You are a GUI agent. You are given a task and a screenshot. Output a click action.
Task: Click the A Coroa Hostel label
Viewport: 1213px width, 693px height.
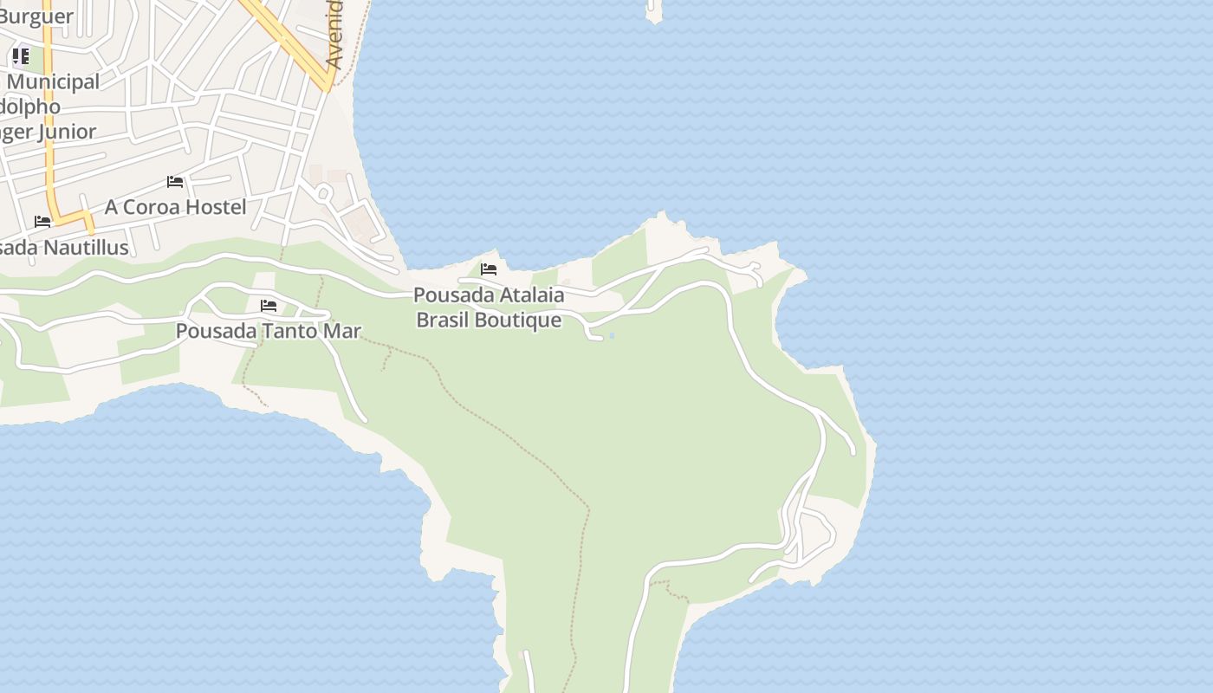click(175, 207)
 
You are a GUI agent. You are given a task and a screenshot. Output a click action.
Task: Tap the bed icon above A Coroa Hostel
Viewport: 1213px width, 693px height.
click(175, 182)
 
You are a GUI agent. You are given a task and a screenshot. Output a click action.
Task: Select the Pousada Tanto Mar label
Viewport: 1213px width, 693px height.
click(268, 331)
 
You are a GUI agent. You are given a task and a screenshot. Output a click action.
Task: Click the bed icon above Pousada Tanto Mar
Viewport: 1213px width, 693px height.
click(269, 306)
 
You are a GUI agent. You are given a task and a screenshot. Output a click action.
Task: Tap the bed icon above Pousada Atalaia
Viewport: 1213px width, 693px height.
click(489, 269)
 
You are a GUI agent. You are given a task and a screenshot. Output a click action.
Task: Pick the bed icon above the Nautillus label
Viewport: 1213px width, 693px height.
click(42, 222)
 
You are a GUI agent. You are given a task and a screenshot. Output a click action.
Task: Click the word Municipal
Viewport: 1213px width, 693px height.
click(54, 82)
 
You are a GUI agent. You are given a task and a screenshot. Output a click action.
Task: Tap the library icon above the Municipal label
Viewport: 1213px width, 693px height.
click(21, 57)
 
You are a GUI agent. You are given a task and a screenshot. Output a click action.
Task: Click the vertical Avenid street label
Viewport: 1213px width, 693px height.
click(334, 35)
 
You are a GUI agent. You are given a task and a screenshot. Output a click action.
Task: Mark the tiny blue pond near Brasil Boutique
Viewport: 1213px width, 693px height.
click(612, 335)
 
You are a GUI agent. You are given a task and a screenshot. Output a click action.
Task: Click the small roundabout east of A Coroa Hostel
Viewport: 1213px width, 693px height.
click(323, 192)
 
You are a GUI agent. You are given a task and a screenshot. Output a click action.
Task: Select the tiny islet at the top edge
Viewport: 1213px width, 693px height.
click(653, 11)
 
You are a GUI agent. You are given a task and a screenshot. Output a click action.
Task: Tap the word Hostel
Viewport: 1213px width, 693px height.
click(216, 207)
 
